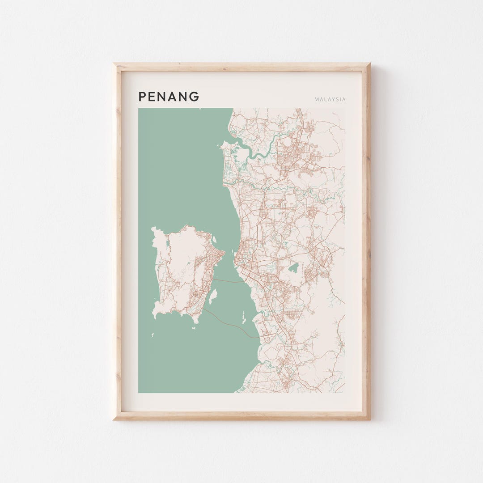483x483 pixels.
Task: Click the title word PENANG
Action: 169,97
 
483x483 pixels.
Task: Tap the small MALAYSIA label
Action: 330,99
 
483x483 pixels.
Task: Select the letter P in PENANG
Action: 142,97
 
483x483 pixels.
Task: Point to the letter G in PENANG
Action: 195,97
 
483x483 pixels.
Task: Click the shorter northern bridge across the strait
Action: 228,281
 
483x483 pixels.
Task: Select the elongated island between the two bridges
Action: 213,296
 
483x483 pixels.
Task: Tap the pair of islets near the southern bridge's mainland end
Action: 243,318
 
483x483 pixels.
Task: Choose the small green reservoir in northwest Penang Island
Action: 168,244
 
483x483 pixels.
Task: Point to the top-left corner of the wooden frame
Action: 114,64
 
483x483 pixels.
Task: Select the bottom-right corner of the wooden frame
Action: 369,419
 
